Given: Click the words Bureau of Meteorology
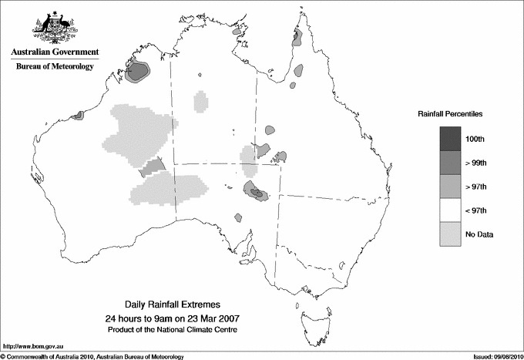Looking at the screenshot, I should [55, 67].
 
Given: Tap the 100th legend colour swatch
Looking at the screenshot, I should [451, 138].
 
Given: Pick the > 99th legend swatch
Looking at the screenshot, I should [451, 162].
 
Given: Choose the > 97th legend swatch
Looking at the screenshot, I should [451, 186].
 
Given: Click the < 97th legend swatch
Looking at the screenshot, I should [451, 210].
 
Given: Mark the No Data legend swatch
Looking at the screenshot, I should [451, 234].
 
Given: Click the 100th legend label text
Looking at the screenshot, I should [485, 139].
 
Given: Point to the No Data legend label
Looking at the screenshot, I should [490, 234].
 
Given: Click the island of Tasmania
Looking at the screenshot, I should [309, 316].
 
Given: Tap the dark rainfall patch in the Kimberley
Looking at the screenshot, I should [138, 72].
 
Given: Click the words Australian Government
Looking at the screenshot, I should [55, 52].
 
